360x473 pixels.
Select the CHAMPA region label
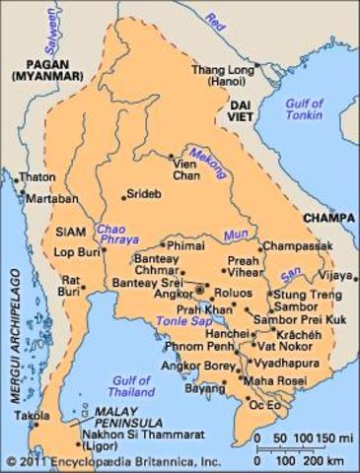[329, 211]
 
